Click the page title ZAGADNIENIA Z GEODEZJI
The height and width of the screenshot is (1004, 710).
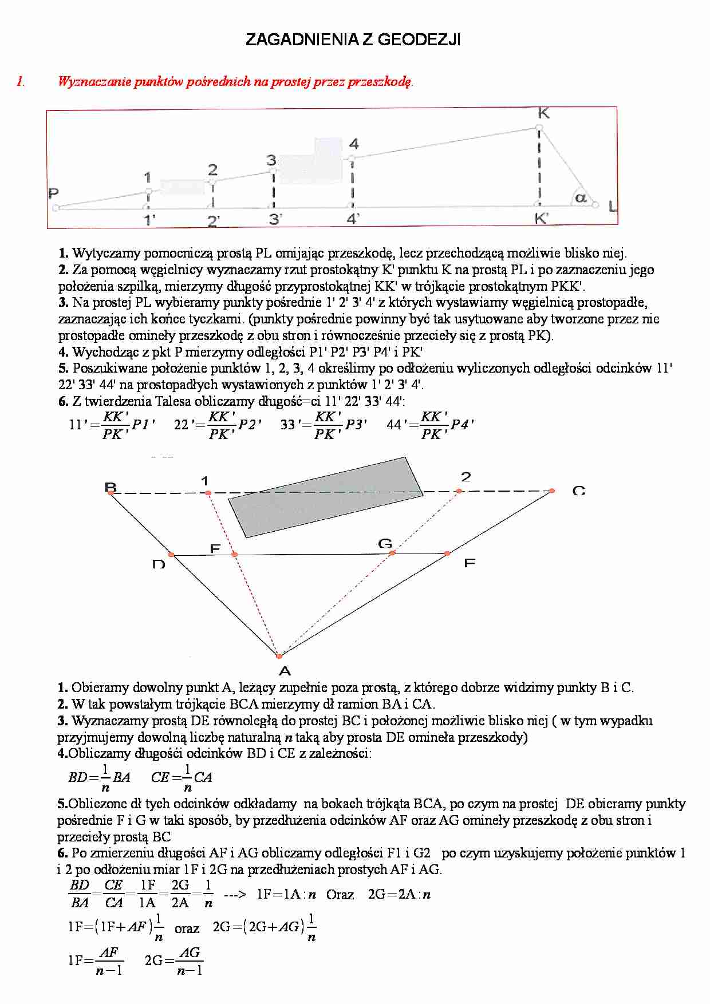click(x=353, y=39)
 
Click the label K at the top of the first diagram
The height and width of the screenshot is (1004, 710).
click(x=543, y=113)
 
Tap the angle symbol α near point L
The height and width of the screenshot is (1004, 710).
click(x=581, y=198)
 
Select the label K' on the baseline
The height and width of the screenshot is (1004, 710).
click(x=541, y=218)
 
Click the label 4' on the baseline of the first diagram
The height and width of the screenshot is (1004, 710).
click(x=353, y=219)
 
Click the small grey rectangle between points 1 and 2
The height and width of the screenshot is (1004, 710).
click(x=182, y=187)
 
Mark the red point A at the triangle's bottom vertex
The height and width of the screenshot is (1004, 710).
click(x=279, y=656)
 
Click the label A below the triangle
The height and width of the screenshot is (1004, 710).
click(x=285, y=671)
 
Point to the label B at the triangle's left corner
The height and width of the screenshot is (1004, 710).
click(x=111, y=487)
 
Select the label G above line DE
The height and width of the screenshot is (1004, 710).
click(x=385, y=543)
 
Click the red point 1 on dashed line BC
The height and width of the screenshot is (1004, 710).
click(x=208, y=493)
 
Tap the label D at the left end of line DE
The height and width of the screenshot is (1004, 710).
click(x=159, y=564)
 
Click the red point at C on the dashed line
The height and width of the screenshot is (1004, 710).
click(x=551, y=491)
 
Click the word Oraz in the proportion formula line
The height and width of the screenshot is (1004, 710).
click(x=340, y=895)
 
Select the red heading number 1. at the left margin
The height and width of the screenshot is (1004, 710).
click(x=21, y=81)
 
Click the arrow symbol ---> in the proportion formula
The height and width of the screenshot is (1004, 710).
click(x=234, y=895)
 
